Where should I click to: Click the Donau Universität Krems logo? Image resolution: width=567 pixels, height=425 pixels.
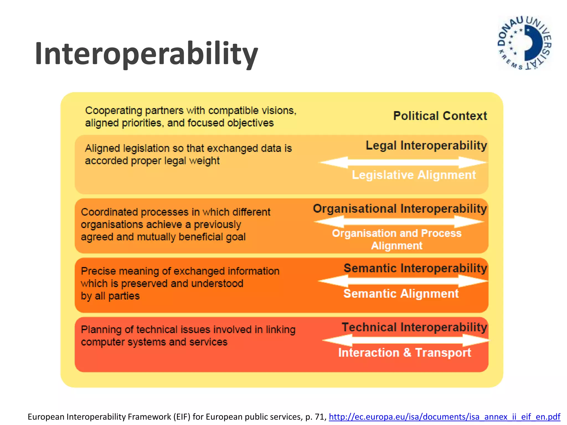point(524,43)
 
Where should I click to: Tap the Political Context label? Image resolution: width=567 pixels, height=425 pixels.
point(440,116)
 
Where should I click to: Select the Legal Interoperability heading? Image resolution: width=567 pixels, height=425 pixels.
point(426,145)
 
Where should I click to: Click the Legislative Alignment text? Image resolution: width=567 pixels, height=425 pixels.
point(414,175)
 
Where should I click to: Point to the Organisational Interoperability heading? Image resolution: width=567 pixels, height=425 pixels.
point(400,209)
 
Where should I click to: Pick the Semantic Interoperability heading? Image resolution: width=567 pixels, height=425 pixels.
point(415,268)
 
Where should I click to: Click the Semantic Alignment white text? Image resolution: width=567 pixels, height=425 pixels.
point(401,294)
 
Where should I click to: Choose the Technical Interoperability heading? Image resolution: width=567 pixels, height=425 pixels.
point(414,327)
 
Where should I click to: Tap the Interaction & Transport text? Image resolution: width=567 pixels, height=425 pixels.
point(404,353)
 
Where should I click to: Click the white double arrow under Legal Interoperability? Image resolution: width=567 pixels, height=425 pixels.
point(403,162)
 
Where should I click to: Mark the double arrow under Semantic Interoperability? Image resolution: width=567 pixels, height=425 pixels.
point(403,281)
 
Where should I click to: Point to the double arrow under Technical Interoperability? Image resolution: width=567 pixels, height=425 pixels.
point(406,340)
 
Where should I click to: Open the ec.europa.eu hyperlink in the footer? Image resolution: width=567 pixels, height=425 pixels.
point(444,417)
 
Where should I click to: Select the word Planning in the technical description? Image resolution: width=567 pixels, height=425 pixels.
point(101,330)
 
